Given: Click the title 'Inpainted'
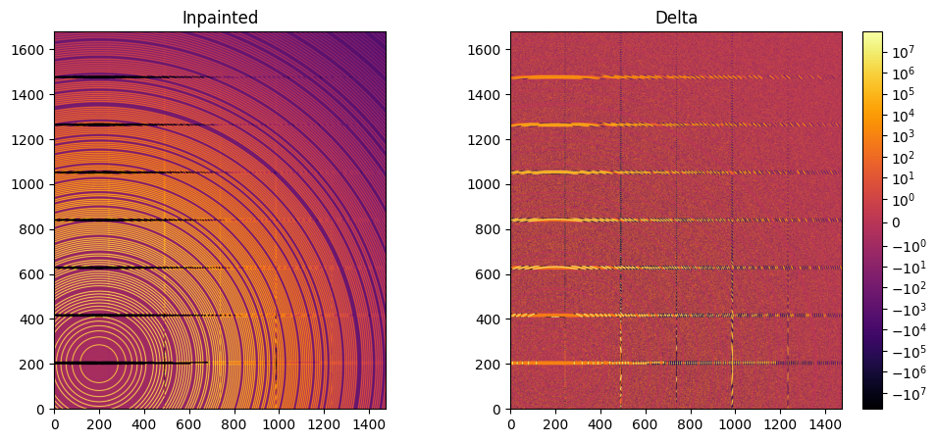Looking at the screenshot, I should tap(220, 17).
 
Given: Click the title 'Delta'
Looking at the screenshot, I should tap(676, 17).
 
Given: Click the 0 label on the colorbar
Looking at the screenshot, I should tap(897, 222).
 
